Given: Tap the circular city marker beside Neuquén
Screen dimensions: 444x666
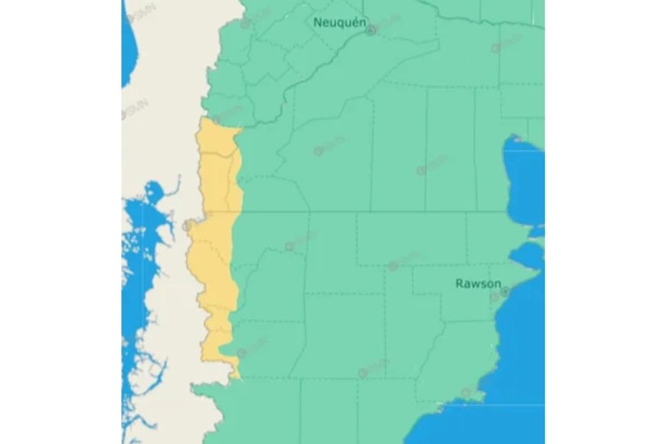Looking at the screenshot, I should point(371,31).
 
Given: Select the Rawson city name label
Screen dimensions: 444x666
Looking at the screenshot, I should point(478,283).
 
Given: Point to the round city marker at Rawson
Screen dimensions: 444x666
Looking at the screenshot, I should point(505,292).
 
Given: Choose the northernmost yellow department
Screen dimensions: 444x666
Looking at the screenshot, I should point(214,138).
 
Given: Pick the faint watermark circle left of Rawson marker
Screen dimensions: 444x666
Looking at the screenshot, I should point(494,296).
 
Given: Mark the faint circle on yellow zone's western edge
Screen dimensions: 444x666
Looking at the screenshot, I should point(188,225).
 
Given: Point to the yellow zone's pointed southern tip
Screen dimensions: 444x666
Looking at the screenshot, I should point(237,376).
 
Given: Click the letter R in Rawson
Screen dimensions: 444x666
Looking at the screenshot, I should point(459,283).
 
